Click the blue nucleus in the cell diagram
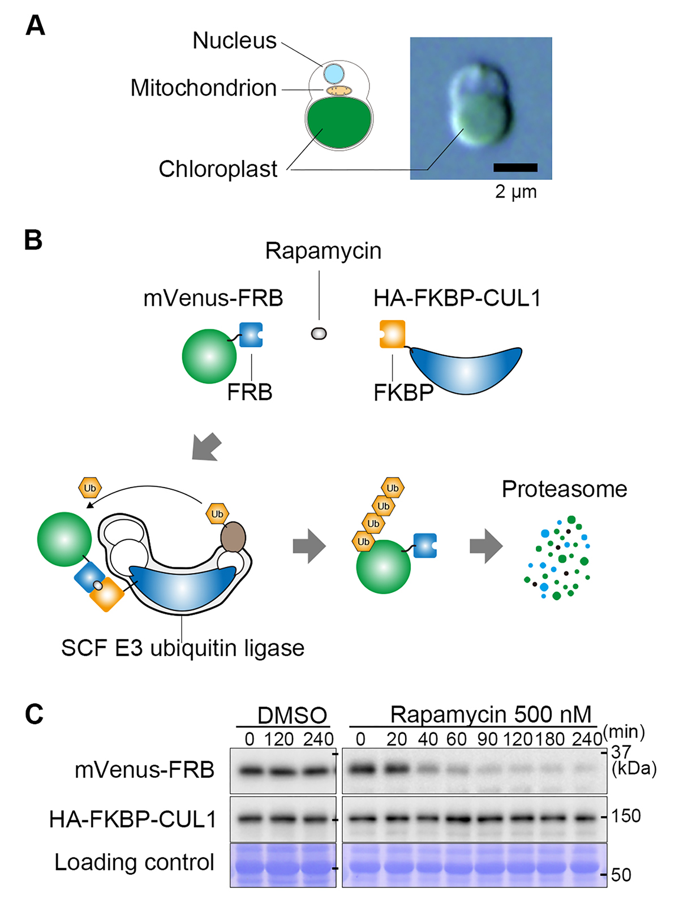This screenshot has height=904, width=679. [x=334, y=74]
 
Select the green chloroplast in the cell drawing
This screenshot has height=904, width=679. [x=339, y=121]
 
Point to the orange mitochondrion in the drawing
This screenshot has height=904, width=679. [x=339, y=91]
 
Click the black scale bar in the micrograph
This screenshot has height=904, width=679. [x=515, y=167]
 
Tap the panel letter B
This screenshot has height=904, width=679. [x=33, y=240]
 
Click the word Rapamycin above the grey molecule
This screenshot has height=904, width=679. [x=323, y=251]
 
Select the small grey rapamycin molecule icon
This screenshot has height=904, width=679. [x=319, y=334]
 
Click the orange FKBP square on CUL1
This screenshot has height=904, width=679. [x=392, y=334]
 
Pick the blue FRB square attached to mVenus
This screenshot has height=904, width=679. [x=251, y=334]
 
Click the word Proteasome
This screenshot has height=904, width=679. [x=564, y=489]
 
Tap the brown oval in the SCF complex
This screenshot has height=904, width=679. [x=233, y=537]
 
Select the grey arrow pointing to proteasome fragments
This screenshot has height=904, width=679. [x=486, y=546]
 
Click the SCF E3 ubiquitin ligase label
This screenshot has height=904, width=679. [x=182, y=648]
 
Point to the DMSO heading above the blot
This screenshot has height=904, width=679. [x=292, y=716]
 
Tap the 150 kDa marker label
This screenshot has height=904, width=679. [x=626, y=816]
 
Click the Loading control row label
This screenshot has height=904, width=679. [x=134, y=863]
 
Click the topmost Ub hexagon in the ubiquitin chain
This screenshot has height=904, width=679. [x=392, y=488]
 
